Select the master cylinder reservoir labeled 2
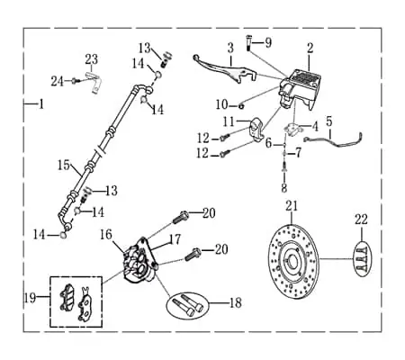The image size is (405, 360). click(301, 87)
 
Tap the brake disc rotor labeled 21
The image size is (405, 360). click(293, 261)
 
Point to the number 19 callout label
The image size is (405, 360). click(30, 298)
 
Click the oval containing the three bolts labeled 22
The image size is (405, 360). click(363, 258)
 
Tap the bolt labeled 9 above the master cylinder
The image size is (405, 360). click(248, 42)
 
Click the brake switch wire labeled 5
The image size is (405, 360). click(334, 139)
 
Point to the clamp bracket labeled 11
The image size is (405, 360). click(256, 130)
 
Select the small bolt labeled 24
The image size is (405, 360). click(75, 81)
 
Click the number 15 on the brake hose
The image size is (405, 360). click(64, 166)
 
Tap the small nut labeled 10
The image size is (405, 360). click(241, 105)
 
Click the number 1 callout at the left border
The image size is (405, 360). click(41, 104)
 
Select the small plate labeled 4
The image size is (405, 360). click(293, 129)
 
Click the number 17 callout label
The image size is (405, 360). click(175, 239)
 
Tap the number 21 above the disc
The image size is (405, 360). click(292, 206)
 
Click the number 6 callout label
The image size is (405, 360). click(268, 143)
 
